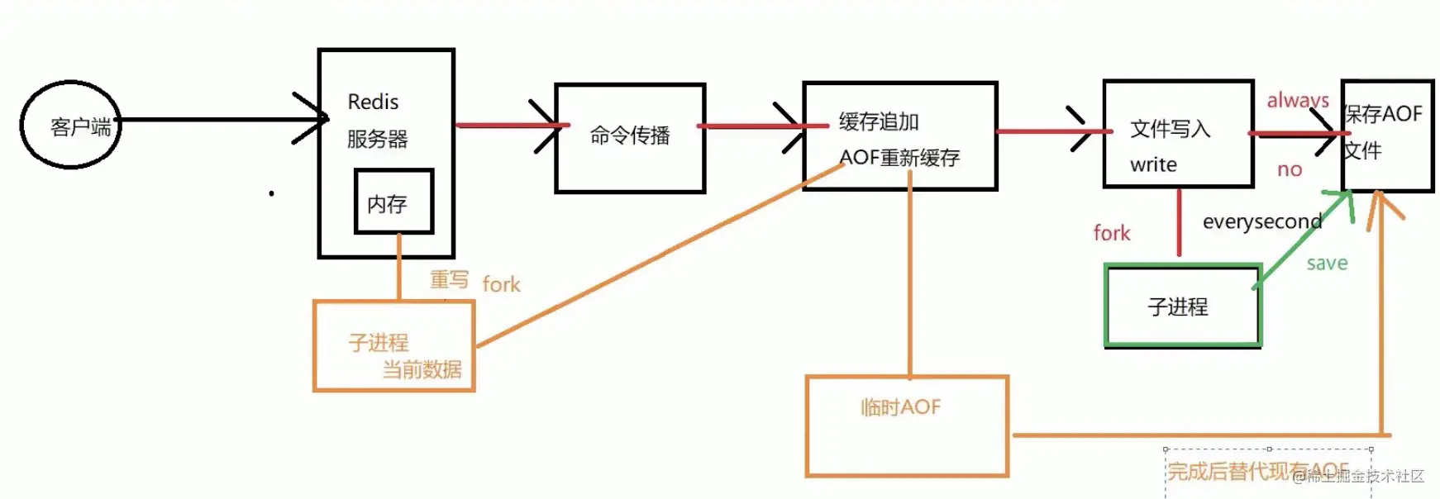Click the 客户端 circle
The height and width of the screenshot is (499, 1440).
tap(71, 126)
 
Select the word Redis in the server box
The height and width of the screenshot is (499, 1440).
tap(373, 102)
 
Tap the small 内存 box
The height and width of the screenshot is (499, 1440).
tap(393, 202)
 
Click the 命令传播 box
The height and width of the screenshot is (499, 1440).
tap(630, 137)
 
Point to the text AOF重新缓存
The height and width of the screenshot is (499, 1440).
tap(899, 158)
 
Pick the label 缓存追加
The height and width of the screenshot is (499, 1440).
tap(879, 122)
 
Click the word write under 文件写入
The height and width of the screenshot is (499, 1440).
tap(1153, 165)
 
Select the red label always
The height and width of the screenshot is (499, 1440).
tap(1297, 100)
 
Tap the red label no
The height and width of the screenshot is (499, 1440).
tap(1289, 170)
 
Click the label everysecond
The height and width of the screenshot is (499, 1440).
tap(1261, 221)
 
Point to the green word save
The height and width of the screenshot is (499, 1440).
tap(1327, 264)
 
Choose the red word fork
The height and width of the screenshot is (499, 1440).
tap(1111, 233)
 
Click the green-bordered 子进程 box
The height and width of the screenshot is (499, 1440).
tap(1182, 306)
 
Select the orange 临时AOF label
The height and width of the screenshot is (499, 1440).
tap(900, 407)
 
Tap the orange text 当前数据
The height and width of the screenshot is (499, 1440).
tap(422, 369)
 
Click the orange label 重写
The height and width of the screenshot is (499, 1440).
tap(449, 280)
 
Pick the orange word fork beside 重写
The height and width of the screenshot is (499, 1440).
tap(501, 285)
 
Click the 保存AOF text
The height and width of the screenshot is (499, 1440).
tap(1383, 114)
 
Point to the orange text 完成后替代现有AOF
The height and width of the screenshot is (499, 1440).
tap(1257, 471)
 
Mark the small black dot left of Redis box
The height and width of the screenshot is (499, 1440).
tap(271, 193)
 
